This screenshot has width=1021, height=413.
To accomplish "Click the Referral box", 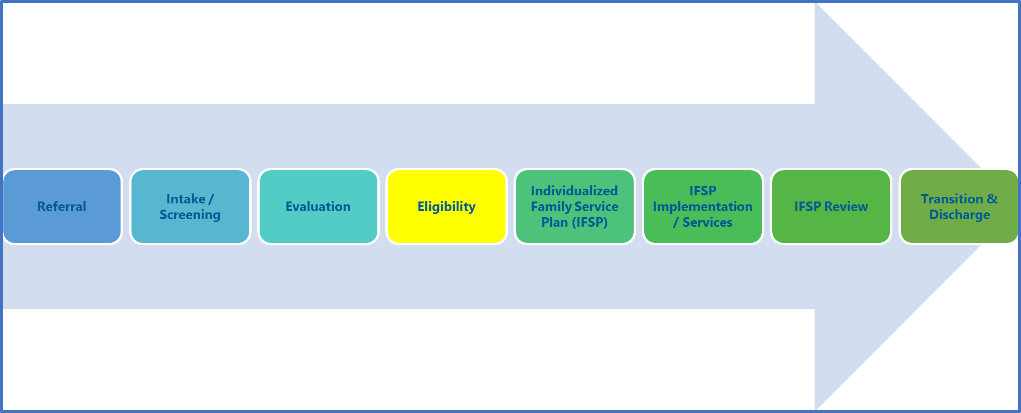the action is (62, 206).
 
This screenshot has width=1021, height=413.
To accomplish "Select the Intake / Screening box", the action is (190, 206).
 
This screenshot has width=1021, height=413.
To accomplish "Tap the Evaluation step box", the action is (318, 206).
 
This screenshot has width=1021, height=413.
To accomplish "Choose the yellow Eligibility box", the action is (447, 206).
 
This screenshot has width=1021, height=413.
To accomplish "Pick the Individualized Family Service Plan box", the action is (575, 206).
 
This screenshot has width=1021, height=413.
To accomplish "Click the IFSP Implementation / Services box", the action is (703, 206).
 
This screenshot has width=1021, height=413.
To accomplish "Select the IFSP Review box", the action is (831, 206).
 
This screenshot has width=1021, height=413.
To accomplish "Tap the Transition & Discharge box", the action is (959, 206).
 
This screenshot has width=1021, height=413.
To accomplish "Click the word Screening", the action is (190, 215).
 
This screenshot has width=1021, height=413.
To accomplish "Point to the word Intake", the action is (186, 199).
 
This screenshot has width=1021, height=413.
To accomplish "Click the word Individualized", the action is (574, 191).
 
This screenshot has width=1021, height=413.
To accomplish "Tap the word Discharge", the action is (959, 215).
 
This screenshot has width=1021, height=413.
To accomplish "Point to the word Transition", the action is (952, 199).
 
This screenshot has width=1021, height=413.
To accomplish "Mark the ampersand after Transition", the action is (992, 199).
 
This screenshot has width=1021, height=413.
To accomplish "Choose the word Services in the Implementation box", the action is (707, 222).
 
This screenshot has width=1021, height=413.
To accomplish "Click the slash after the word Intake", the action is (211, 199).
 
